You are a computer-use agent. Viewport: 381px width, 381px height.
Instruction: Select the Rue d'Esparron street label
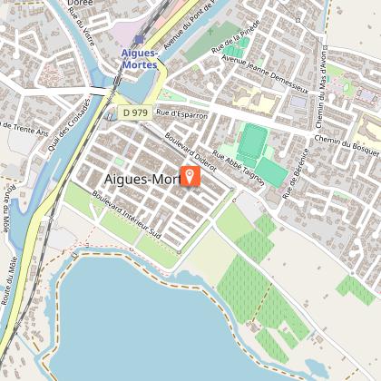(x=181, y=115)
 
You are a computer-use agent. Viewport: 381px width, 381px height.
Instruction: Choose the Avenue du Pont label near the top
(x=186, y=27)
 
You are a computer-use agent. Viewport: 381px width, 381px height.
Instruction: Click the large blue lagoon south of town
(x=136, y=308)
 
